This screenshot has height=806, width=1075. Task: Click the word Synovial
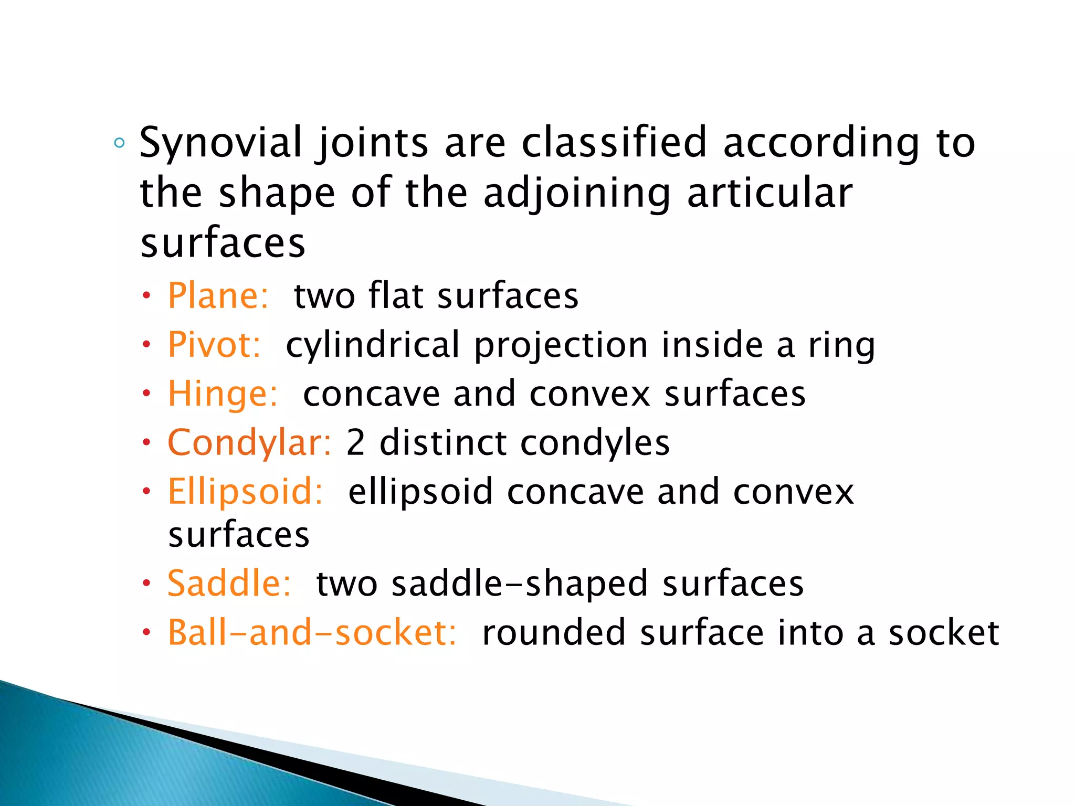click(x=220, y=143)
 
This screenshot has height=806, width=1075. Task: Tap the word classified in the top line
click(x=614, y=143)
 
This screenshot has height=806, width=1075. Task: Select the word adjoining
click(x=576, y=193)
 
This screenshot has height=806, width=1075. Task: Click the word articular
click(x=770, y=193)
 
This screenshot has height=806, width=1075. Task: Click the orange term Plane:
click(x=218, y=295)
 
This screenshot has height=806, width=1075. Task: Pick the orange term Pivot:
click(x=214, y=345)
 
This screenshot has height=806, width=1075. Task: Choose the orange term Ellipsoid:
click(x=245, y=492)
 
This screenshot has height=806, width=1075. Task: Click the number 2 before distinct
click(x=355, y=442)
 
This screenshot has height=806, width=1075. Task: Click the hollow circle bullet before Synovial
click(x=120, y=143)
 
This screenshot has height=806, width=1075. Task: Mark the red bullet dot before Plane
click(x=147, y=296)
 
